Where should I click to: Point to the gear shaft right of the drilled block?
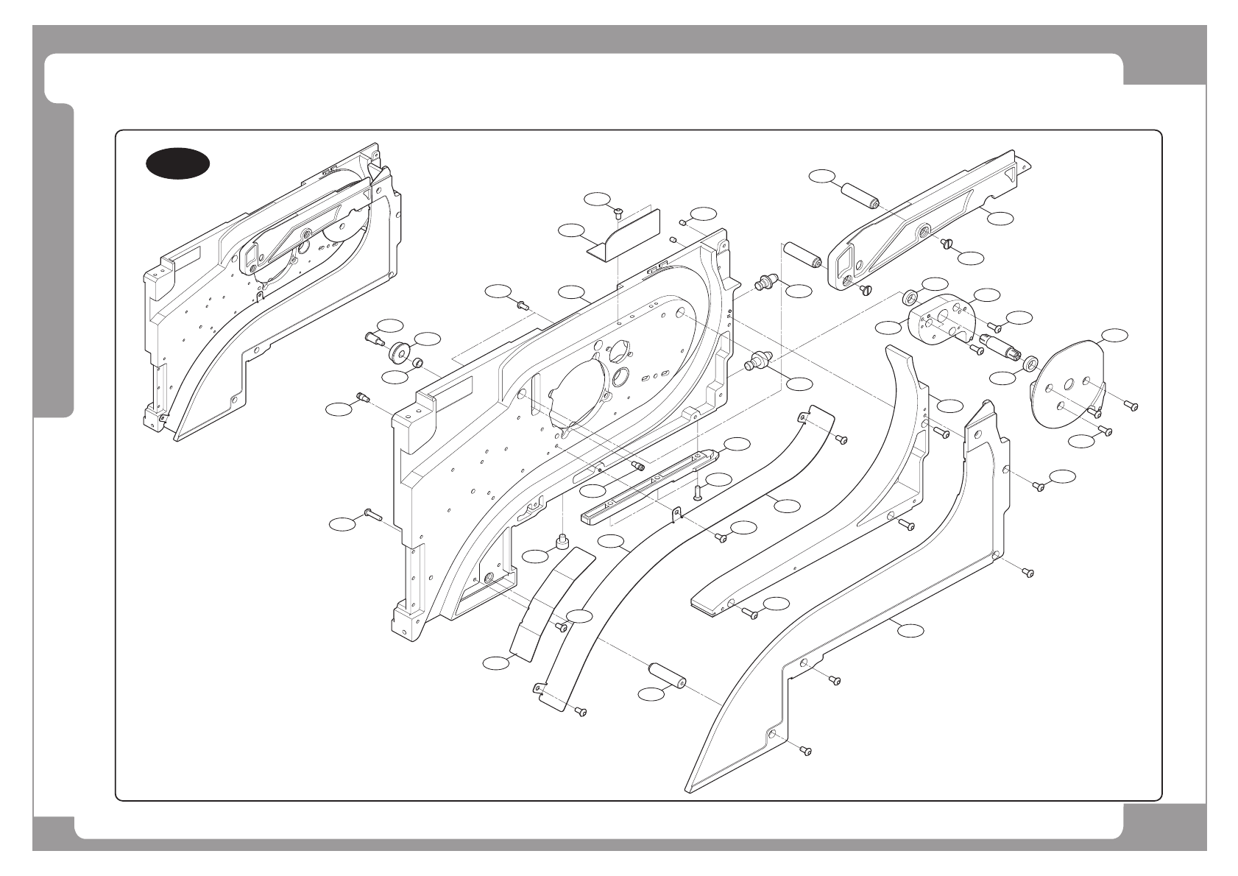point(1000,345)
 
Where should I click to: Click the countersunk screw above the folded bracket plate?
point(618,214)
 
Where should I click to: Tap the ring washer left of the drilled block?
point(910,298)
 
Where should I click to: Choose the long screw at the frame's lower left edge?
point(370,515)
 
